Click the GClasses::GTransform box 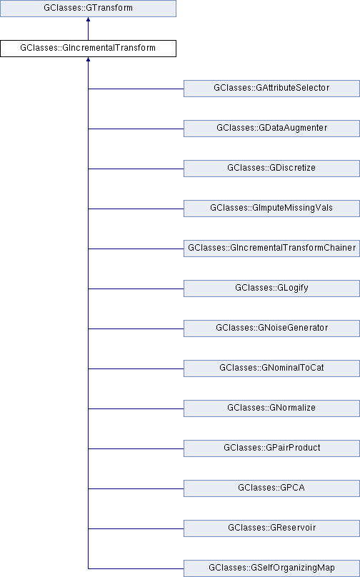coord(88,8)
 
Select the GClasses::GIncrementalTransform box coord(88,49)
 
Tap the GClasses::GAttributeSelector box coord(271,89)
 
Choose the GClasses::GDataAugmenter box coord(271,129)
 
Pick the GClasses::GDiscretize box coord(271,168)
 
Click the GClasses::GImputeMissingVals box coord(271,209)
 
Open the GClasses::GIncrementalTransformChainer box coord(271,249)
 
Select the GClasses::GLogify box coord(271,288)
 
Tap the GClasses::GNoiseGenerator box coord(271,328)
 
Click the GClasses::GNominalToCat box coord(271,368)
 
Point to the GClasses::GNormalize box coord(271,408)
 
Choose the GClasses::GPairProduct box coord(271,448)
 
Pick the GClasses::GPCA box coord(271,488)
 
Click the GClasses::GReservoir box coord(271,528)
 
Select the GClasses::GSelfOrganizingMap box coord(271,568)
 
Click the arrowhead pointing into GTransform coord(88,19)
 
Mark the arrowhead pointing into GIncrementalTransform coord(88,59)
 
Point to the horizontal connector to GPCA coord(136,488)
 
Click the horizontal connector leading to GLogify coord(136,289)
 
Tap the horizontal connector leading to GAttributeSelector coord(136,89)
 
